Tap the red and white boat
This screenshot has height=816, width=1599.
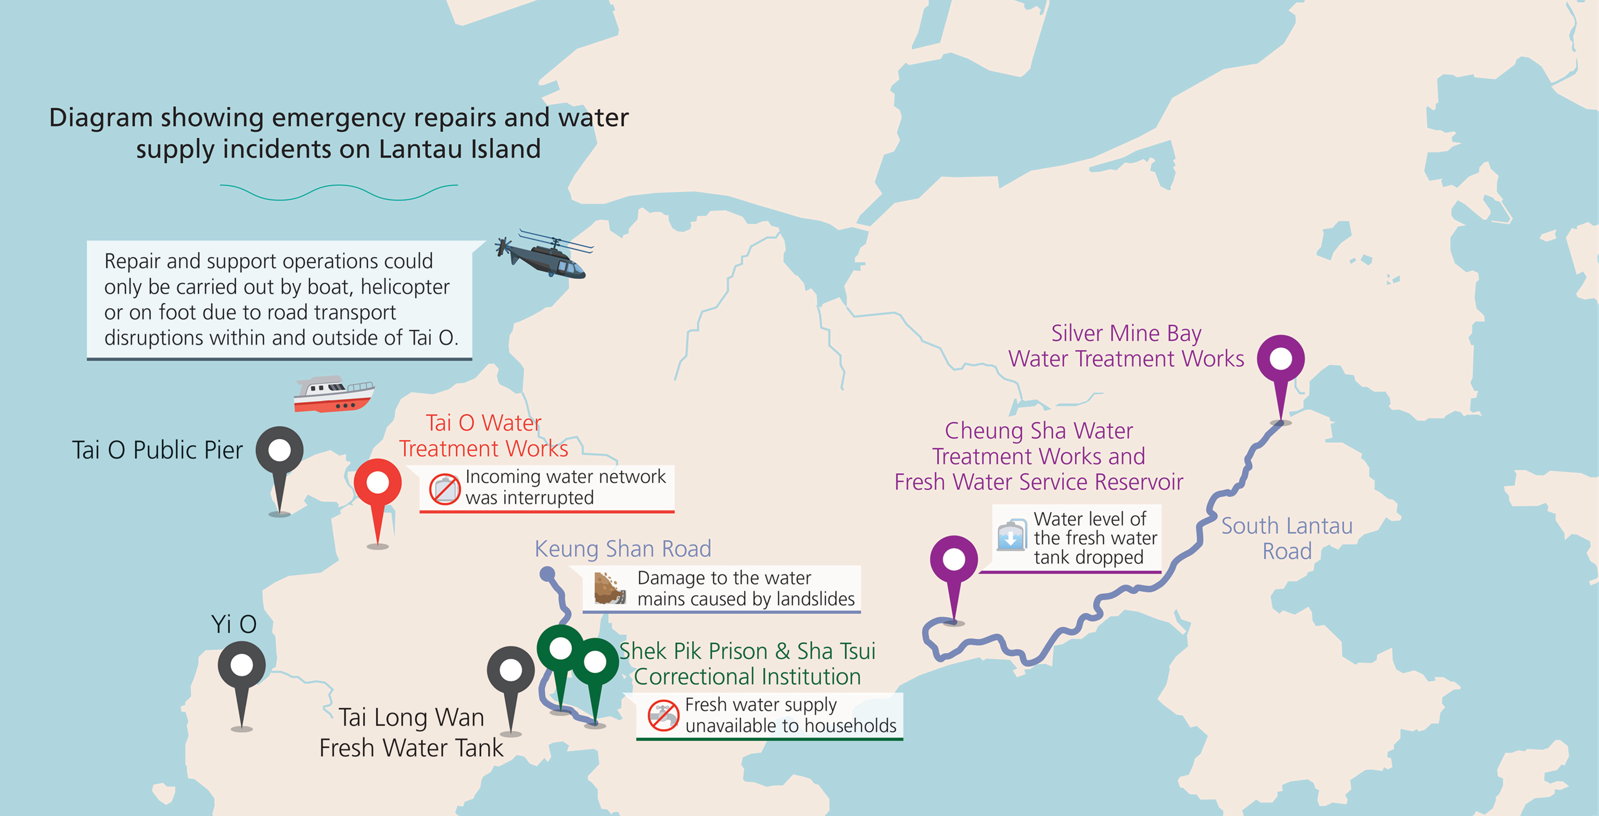click(333, 394)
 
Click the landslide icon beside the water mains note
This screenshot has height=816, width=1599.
click(609, 588)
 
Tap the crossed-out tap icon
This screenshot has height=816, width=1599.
click(663, 715)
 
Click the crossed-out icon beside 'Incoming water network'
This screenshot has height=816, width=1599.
click(445, 489)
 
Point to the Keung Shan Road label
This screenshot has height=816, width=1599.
click(623, 549)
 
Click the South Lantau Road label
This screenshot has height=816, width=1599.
click(1287, 539)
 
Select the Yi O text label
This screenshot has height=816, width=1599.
click(234, 624)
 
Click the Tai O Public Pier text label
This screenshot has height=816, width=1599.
click(157, 450)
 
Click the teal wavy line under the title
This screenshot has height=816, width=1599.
click(339, 192)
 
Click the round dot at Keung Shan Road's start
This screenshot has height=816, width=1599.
click(547, 574)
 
